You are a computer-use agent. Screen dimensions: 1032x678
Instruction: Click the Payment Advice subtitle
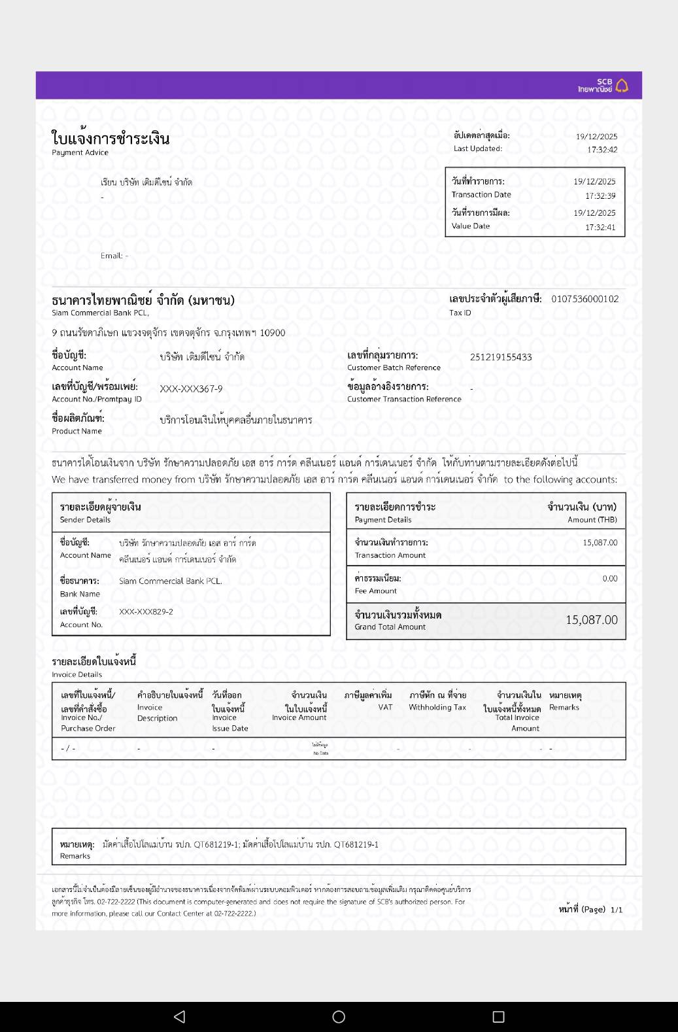[80, 152]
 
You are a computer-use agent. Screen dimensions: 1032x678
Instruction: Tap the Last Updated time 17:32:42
[602, 150]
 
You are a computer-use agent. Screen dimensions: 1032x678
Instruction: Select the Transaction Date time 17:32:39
[600, 196]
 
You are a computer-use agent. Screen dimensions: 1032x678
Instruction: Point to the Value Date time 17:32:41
[600, 227]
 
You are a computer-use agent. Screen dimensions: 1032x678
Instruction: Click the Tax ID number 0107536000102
[585, 299]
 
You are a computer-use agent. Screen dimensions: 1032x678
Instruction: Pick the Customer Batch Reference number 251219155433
[501, 357]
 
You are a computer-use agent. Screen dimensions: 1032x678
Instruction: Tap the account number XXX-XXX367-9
[191, 388]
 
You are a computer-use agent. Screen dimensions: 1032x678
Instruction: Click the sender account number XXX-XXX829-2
[146, 611]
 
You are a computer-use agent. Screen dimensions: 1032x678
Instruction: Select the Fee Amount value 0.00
[609, 578]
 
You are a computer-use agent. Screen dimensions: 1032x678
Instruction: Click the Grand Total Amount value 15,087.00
[591, 620]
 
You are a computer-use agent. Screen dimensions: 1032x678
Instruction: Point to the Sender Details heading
[85, 520]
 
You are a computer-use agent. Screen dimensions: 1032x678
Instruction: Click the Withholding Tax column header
[437, 707]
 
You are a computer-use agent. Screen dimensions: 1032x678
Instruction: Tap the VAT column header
[385, 707]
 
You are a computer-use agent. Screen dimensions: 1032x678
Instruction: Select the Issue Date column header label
[229, 728]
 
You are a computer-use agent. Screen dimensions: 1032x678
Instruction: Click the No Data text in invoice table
[320, 753]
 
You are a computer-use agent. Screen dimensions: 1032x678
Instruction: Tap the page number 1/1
[616, 910]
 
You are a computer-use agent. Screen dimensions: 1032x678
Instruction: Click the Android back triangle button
[179, 1016]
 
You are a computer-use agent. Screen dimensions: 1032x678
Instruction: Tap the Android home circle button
[339, 1016]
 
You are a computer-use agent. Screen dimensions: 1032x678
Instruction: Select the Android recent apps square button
[498, 1016]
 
